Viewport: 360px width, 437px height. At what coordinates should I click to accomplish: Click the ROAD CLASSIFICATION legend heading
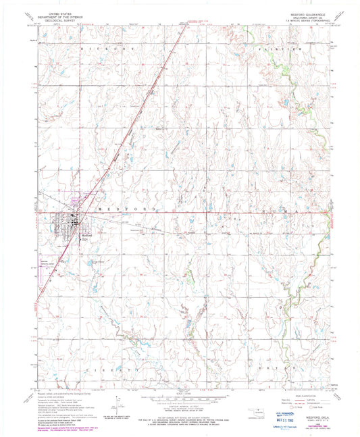[297, 395]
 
